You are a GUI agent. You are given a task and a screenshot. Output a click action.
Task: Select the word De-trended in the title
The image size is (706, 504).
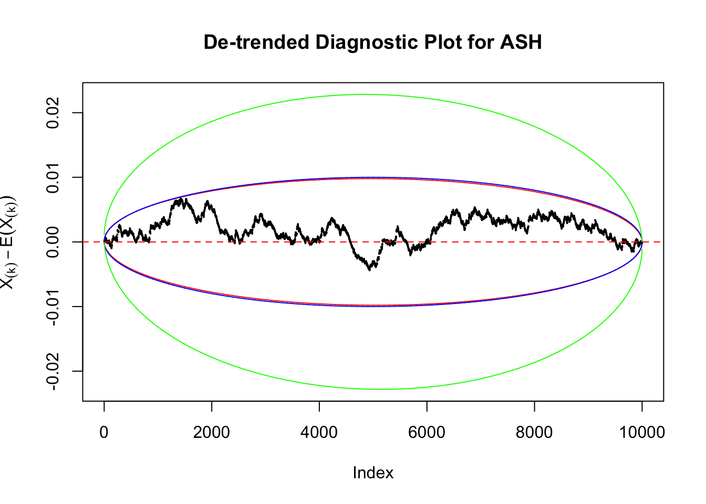tap(256, 42)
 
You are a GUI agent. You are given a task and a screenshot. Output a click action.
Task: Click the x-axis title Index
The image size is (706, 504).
tap(373, 473)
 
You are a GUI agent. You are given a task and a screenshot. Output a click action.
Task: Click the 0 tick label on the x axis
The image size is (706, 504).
tap(104, 433)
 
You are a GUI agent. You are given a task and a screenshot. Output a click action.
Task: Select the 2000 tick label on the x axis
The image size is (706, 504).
tap(212, 433)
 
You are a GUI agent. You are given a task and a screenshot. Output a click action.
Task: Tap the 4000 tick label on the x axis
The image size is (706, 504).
tap(319, 433)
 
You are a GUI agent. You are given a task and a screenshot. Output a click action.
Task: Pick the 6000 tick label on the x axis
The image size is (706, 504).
tap(427, 433)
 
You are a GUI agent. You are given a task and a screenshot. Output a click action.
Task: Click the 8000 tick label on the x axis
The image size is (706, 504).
tap(534, 433)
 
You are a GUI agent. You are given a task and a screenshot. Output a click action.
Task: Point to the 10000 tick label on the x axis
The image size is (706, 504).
tap(641, 433)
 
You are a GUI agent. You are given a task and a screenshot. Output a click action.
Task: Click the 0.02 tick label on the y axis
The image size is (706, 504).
tap(53, 113)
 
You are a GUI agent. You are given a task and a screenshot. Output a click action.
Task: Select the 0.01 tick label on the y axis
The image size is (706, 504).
tap(53, 177)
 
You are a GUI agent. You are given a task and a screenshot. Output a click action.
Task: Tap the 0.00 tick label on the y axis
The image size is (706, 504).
tap(53, 242)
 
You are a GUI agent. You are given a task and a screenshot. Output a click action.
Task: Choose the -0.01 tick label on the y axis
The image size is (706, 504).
tap(53, 307)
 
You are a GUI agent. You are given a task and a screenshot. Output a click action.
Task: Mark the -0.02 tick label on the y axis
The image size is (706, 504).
tap(53, 371)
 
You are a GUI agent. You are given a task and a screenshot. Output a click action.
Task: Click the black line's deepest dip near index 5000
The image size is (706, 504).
tap(370, 269)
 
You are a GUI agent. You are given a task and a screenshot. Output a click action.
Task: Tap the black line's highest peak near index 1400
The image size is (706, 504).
tap(181, 198)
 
